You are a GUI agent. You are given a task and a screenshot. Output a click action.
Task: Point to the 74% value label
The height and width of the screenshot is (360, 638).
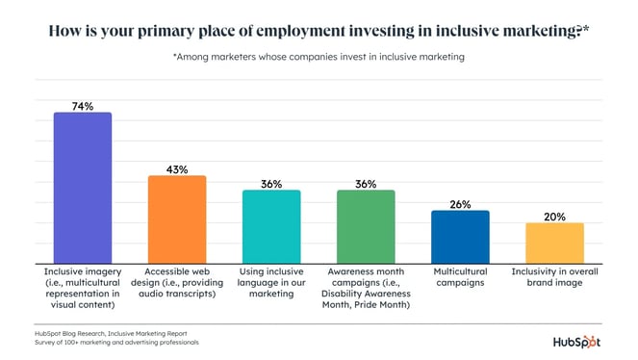[x=82, y=106]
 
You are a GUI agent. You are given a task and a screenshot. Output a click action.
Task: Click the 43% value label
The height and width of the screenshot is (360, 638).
[x=176, y=169]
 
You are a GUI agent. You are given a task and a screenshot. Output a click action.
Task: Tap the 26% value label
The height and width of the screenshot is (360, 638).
[x=460, y=204]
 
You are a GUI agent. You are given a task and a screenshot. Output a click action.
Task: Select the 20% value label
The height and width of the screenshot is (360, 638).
[x=554, y=217]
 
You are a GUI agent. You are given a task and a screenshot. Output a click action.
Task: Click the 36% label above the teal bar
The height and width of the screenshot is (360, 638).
[x=270, y=184]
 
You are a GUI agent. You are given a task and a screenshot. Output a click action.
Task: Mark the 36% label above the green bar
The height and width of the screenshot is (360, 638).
[x=365, y=184]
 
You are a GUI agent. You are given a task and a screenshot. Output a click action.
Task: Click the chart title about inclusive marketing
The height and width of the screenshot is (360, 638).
[x=319, y=30]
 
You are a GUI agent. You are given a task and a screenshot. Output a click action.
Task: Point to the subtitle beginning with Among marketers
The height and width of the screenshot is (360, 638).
[x=319, y=58]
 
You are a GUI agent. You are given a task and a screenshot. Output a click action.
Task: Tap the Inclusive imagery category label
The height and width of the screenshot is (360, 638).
[x=82, y=288]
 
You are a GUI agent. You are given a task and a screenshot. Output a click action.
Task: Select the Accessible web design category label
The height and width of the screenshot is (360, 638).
[x=176, y=282]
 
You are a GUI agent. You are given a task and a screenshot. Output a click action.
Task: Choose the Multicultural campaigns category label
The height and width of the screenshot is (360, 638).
[x=460, y=277]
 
